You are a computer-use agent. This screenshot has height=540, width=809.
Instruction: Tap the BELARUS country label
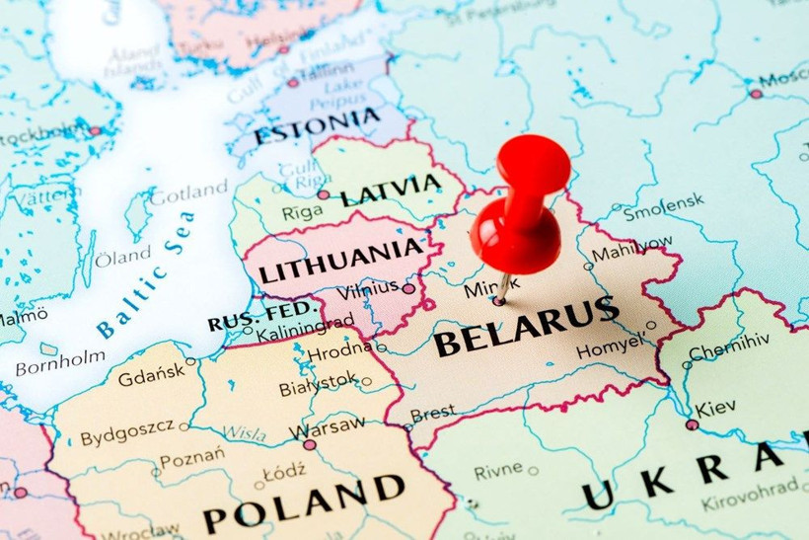coord(526,328)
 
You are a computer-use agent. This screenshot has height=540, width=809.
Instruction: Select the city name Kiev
coord(715,408)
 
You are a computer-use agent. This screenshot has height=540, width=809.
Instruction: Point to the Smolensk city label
coord(663,201)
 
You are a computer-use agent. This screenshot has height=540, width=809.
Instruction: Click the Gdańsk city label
coord(150,376)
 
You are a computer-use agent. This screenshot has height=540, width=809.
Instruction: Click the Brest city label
coord(432,414)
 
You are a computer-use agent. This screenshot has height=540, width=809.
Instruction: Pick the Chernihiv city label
coord(728,351)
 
